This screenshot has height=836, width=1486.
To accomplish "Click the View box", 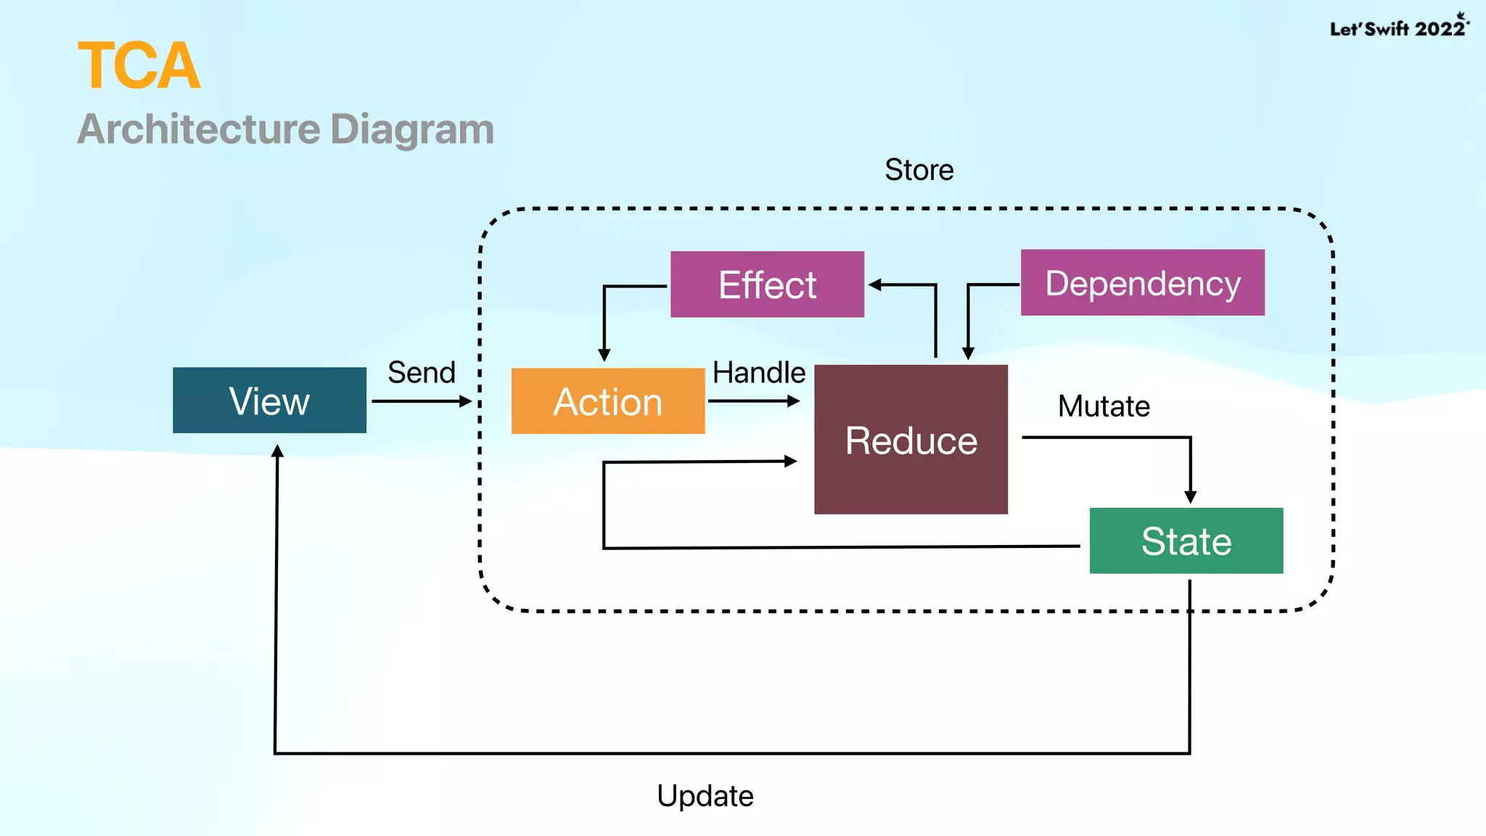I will point(269,401).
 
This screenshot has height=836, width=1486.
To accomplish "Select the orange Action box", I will point(608,401).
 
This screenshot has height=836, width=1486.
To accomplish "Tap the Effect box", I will point(767,284).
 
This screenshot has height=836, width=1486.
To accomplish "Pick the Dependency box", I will point(1142,282).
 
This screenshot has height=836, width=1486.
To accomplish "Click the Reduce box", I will point(911,440).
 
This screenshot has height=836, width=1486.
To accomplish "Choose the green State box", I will point(1186,541).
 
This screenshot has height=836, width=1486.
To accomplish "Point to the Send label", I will point(422,372).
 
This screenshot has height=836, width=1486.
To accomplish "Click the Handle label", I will point(758,372).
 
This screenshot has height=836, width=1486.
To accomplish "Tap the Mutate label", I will point(1103,406).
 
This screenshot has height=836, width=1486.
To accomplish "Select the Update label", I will point(705,796).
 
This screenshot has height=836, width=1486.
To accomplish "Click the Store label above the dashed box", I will point(919,170).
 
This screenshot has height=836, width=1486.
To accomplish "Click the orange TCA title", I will point(139,66).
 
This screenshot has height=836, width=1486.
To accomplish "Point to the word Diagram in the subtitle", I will point(412,129).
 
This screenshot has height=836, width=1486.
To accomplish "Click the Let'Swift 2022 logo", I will point(1398,27).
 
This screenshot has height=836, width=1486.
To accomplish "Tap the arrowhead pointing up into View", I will point(277,451).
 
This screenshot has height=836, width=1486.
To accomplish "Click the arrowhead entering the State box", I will point(1190,497).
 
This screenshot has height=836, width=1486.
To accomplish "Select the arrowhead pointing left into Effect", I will point(875,285).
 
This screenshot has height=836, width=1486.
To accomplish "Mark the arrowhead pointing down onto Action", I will point(604,355).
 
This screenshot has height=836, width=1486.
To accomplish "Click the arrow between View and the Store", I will point(422,401).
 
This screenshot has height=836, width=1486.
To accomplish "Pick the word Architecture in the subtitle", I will point(199,129).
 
